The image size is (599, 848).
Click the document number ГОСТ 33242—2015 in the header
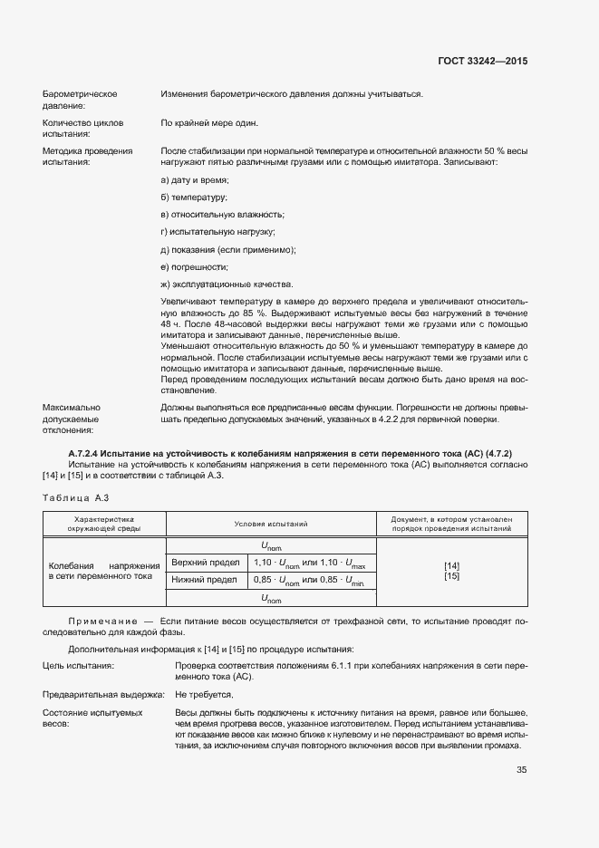pyautogui.click(x=482, y=61)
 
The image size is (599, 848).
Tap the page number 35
pyautogui.click(x=521, y=770)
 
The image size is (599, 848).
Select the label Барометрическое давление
pyautogui.click(x=81, y=100)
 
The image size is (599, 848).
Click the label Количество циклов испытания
pyautogui.click(x=83, y=128)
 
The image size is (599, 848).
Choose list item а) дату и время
pyautogui.click(x=188, y=180)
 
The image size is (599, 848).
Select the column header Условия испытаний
pyautogui.click(x=271, y=524)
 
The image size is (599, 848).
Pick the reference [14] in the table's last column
pyautogui.click(x=451, y=565)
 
